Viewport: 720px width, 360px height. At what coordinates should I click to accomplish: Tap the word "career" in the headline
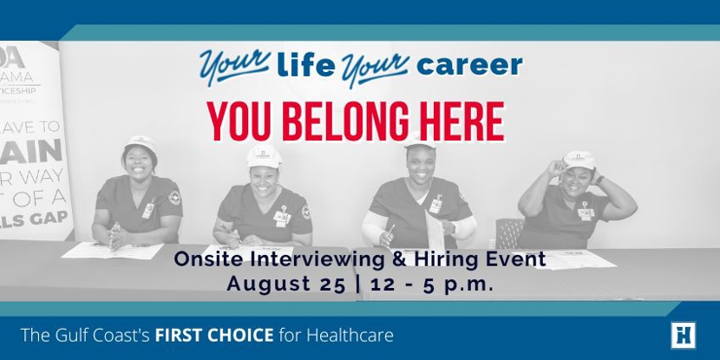468,65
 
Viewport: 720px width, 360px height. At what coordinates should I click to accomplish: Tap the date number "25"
330,284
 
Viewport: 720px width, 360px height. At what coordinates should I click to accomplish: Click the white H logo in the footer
683,335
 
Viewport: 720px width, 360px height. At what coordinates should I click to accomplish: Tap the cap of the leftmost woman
140,142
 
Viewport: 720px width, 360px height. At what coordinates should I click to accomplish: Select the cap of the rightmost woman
578,159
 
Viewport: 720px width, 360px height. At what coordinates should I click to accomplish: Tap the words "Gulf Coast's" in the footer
102,334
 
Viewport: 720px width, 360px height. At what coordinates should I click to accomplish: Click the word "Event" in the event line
513,259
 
